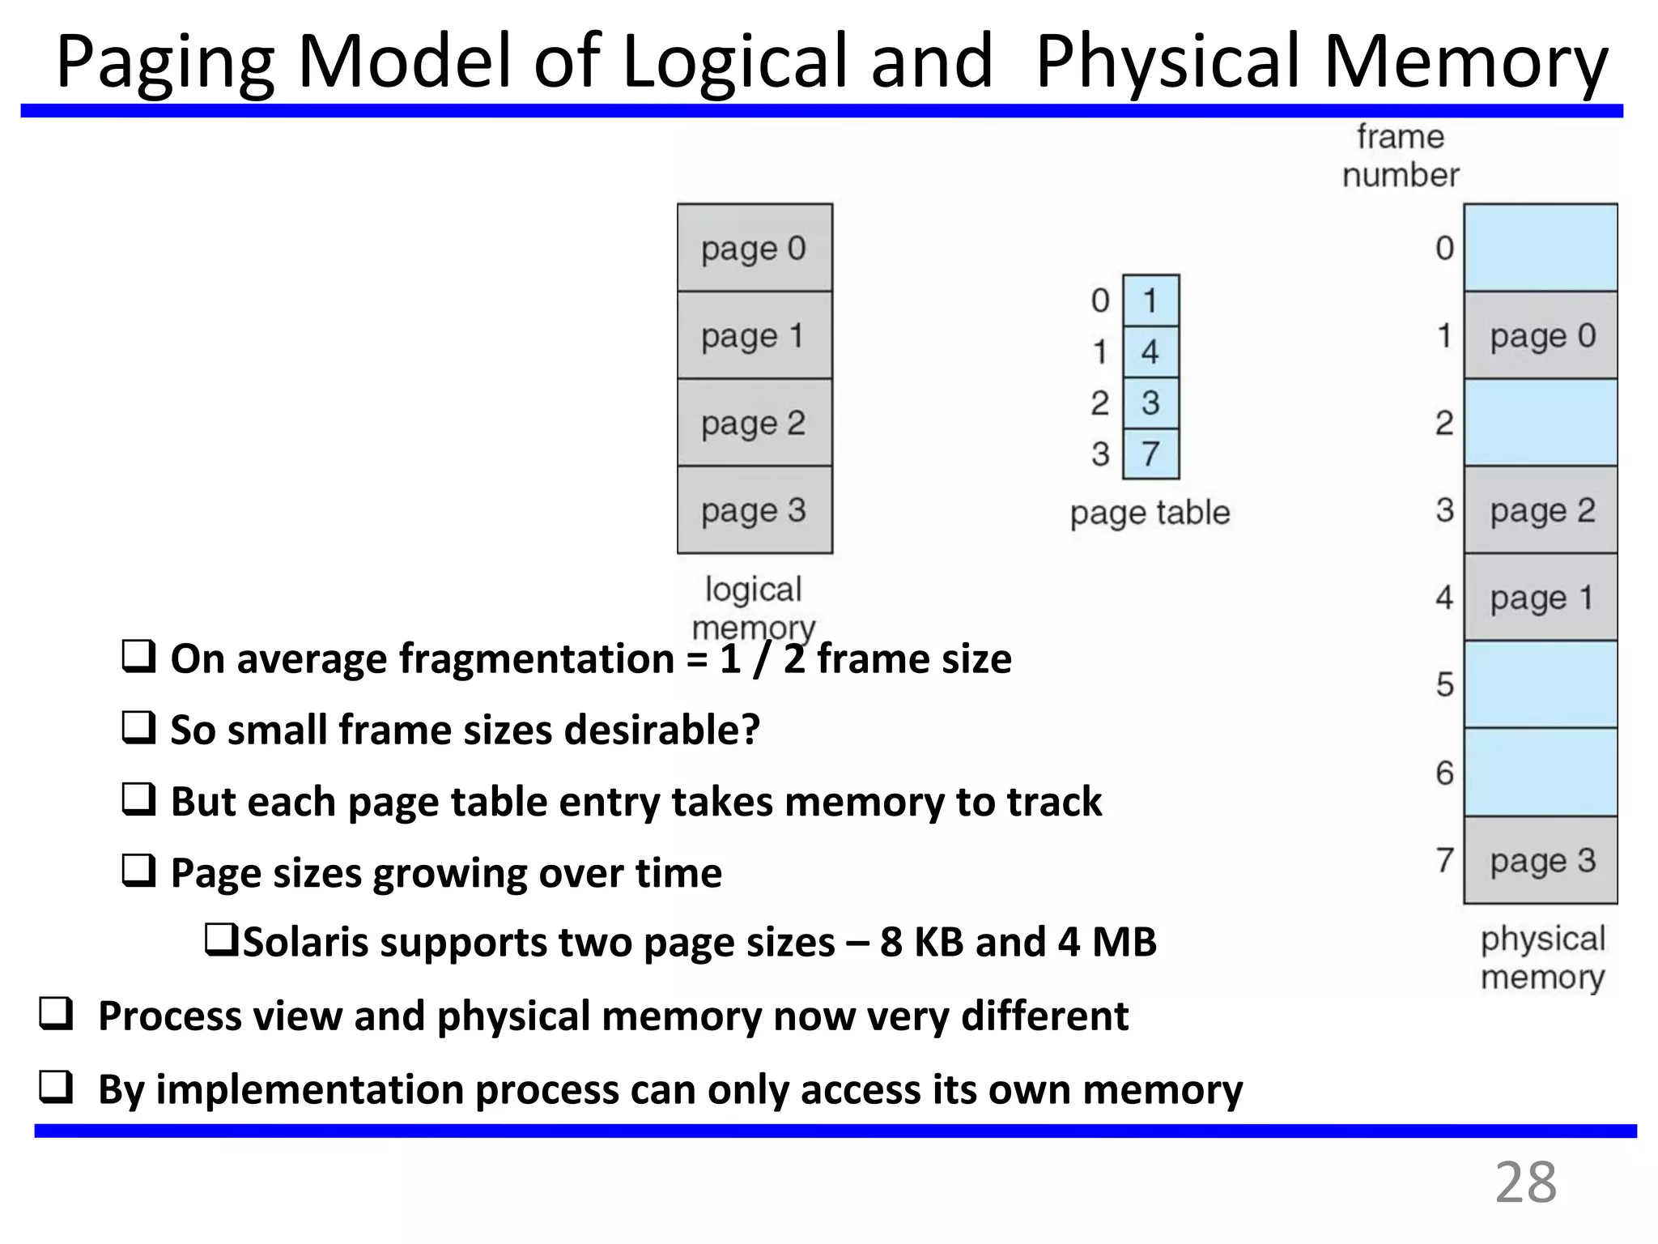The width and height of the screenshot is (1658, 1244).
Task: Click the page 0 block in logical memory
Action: [755, 248]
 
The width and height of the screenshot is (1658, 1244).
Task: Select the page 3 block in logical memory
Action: [755, 510]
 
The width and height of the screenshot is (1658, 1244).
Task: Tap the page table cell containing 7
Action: [1150, 454]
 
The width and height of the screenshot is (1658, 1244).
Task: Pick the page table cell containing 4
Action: [1150, 351]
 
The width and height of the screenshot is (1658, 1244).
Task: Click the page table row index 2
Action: [1099, 403]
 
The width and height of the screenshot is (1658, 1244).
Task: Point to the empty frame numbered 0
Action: [1541, 248]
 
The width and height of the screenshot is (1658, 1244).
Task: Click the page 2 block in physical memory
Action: [1541, 510]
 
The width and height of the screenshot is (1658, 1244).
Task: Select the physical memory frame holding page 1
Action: [1541, 598]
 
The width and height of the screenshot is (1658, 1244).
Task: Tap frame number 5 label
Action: [1445, 685]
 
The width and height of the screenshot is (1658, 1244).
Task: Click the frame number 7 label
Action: [1445, 860]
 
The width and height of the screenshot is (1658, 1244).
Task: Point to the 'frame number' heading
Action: [1401, 155]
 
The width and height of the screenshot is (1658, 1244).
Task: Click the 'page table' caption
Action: [1150, 513]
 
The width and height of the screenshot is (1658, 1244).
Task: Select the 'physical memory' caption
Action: [1542, 958]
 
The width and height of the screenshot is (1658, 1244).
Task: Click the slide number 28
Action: [1525, 1183]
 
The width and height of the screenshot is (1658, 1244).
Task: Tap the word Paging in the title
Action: [165, 63]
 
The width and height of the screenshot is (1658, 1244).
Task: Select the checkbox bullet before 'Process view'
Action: [56, 1015]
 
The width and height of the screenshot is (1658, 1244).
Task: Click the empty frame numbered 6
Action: [1541, 773]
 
